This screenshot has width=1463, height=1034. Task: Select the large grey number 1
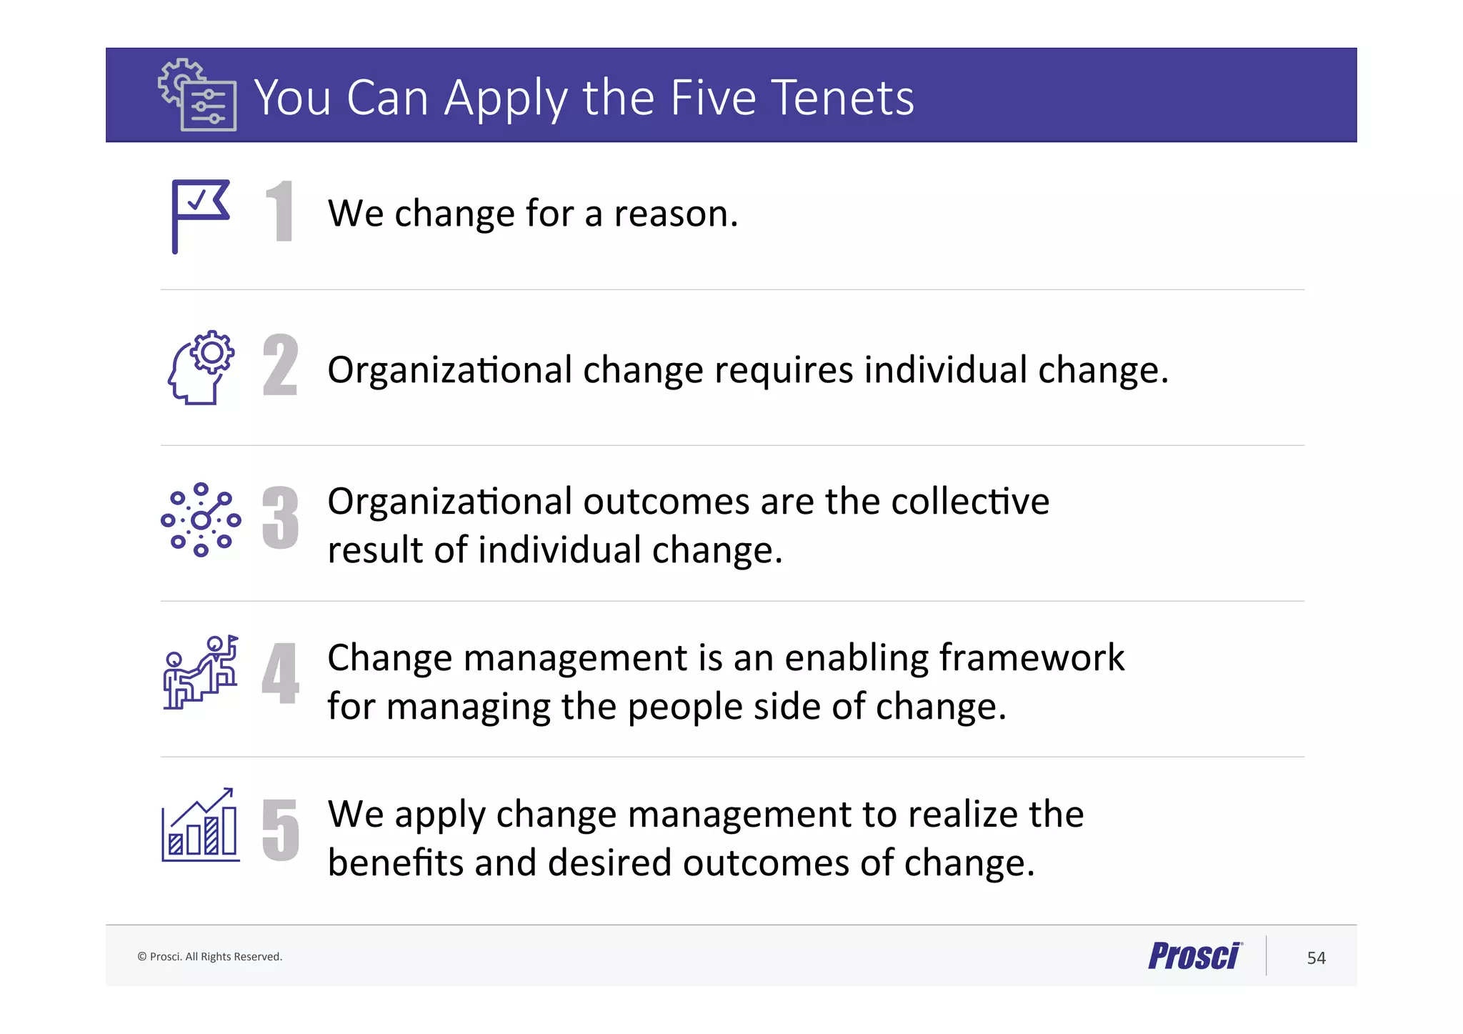click(x=280, y=212)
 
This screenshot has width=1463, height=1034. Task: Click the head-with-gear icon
click(x=201, y=368)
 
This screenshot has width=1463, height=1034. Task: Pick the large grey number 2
click(x=280, y=365)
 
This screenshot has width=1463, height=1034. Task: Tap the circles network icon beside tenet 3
click(x=201, y=520)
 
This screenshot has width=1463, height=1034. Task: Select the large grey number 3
click(x=280, y=518)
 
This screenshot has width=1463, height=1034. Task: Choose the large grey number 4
click(x=280, y=673)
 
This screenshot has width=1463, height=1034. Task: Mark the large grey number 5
click(x=280, y=829)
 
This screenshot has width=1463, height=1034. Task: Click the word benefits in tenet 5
click(x=396, y=863)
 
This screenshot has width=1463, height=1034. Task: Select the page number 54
click(x=1316, y=958)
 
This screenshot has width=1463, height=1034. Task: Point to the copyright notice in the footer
click(x=210, y=957)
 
